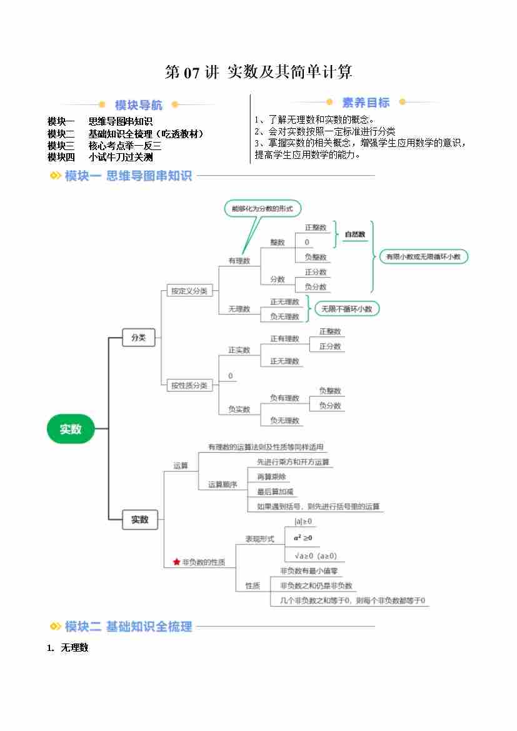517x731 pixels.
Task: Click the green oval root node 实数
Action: tap(71, 429)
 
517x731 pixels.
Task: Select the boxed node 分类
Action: tap(138, 338)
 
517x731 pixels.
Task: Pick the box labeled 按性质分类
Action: tap(189, 385)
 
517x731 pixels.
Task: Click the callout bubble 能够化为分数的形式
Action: tap(262, 209)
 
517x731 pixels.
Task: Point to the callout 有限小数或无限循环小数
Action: tap(423, 256)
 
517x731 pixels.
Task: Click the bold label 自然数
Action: tap(354, 234)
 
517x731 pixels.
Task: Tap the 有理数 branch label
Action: tap(239, 261)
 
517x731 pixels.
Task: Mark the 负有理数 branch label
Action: tap(284, 398)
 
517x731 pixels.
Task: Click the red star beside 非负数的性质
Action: tap(176, 562)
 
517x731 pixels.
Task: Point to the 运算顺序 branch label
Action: tap(223, 485)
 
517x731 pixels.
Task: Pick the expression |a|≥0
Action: tap(303, 522)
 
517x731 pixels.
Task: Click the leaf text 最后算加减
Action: tap(275, 492)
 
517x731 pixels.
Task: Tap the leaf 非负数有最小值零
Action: tap(309, 571)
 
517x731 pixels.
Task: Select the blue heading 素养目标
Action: tap(366, 103)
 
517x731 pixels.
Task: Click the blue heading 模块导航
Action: tap(138, 105)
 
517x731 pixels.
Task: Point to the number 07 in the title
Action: tap(191, 73)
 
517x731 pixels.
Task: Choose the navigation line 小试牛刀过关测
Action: tap(121, 157)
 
